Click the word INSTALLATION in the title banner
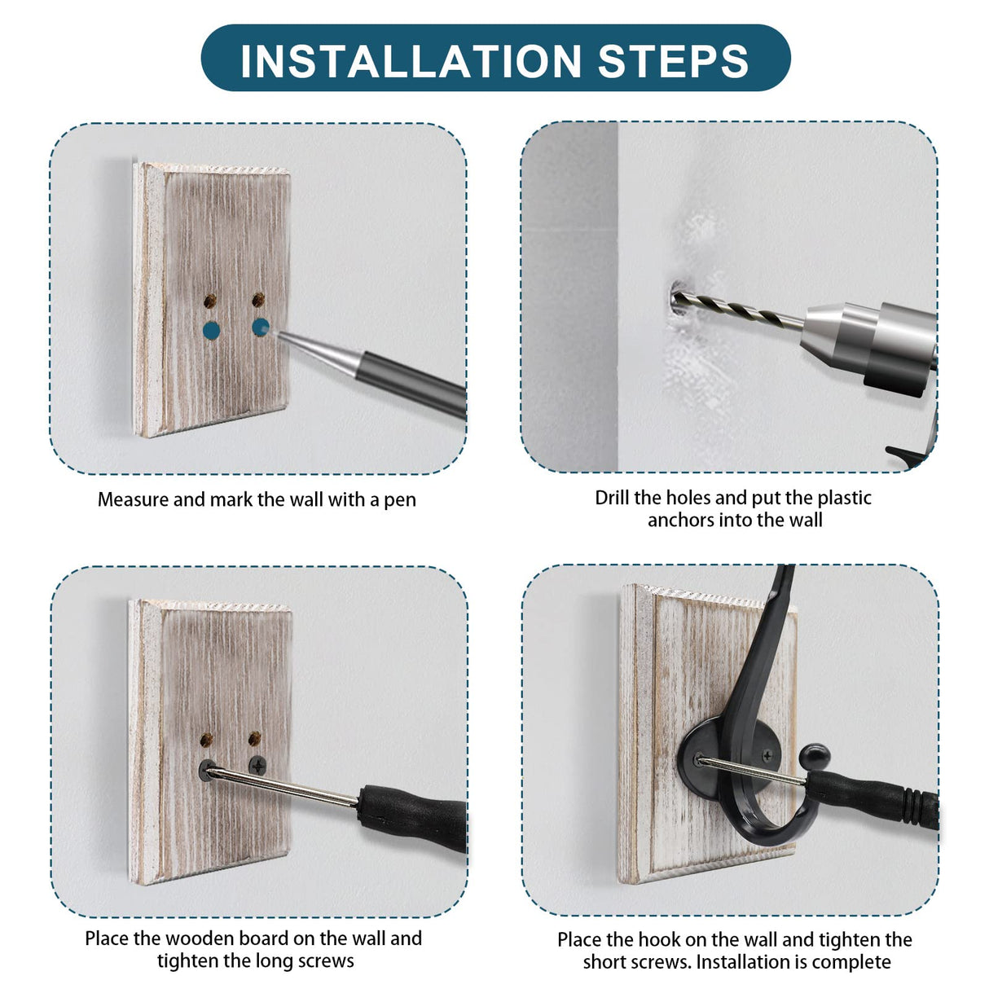(411, 61)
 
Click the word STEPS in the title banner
(673, 61)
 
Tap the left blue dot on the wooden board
(211, 330)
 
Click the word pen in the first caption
(400, 500)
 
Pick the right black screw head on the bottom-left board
(257, 766)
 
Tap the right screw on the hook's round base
(768, 755)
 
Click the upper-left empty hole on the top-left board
(210, 301)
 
